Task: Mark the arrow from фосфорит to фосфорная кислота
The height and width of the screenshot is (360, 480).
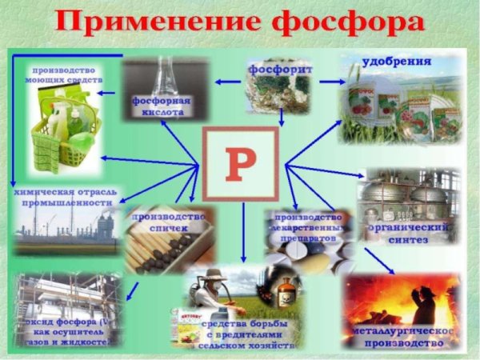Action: [228, 81]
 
